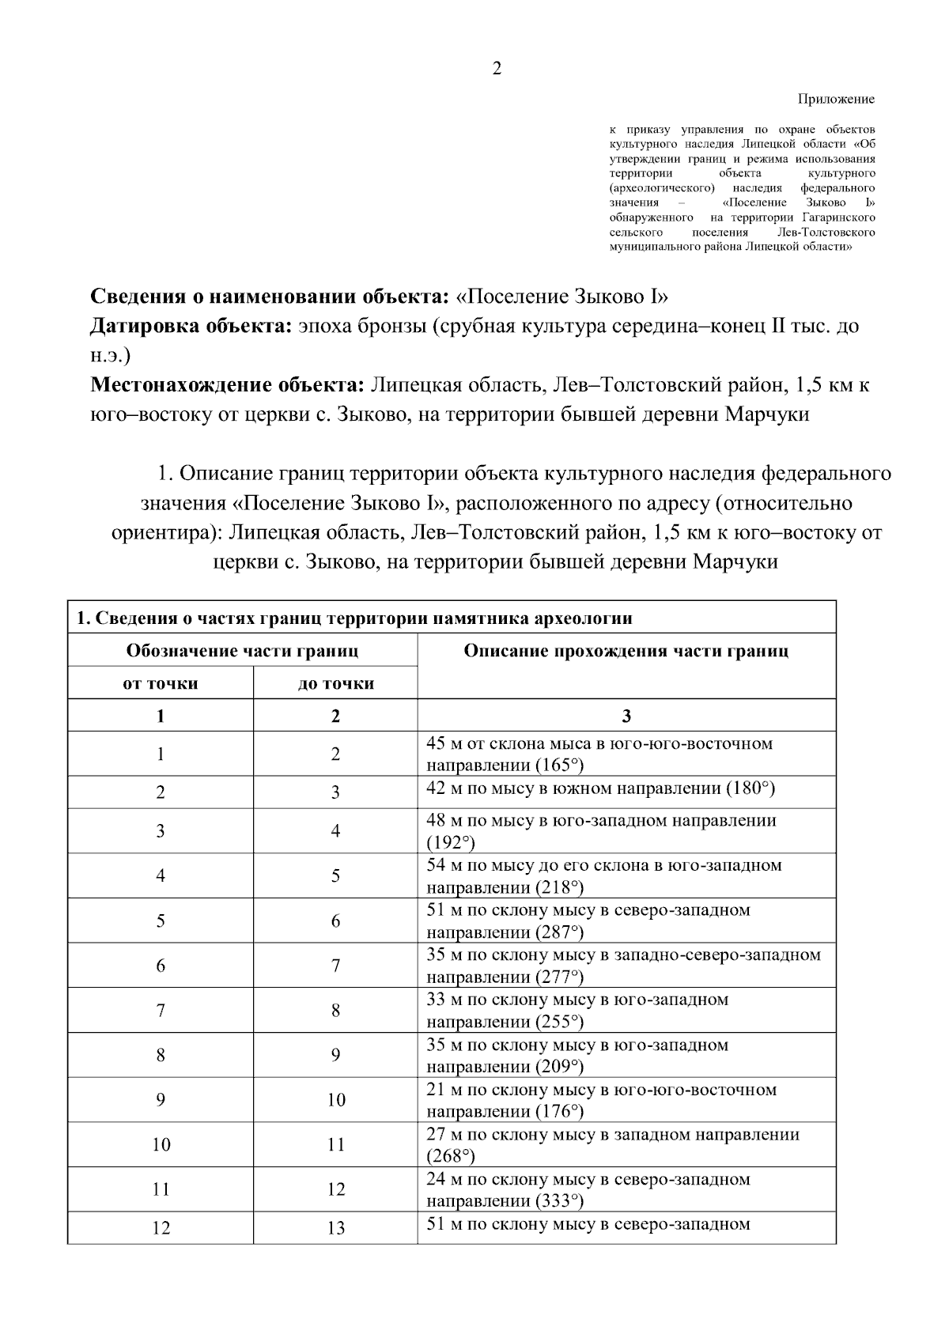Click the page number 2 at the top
point(497,69)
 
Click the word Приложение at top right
point(836,100)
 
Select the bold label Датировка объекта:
point(191,326)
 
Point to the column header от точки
point(161,683)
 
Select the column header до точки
point(336,683)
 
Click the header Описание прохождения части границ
point(626,651)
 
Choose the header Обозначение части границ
point(242,651)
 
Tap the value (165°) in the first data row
point(559,765)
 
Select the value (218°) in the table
point(559,887)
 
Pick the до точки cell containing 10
point(336,1100)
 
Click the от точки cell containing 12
point(161,1228)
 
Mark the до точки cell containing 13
point(336,1228)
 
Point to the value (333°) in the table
point(559,1201)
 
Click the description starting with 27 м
point(613,1135)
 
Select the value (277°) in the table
point(559,977)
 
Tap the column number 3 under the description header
point(626,716)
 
